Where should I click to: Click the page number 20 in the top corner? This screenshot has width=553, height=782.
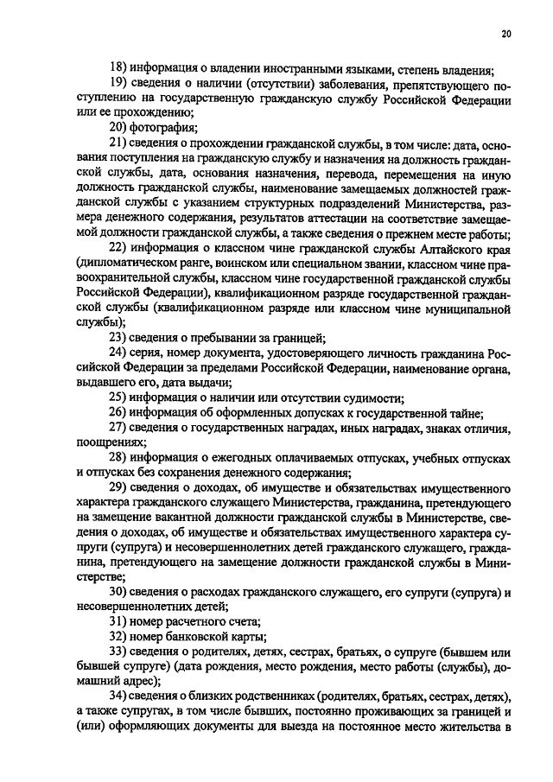point(506,34)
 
